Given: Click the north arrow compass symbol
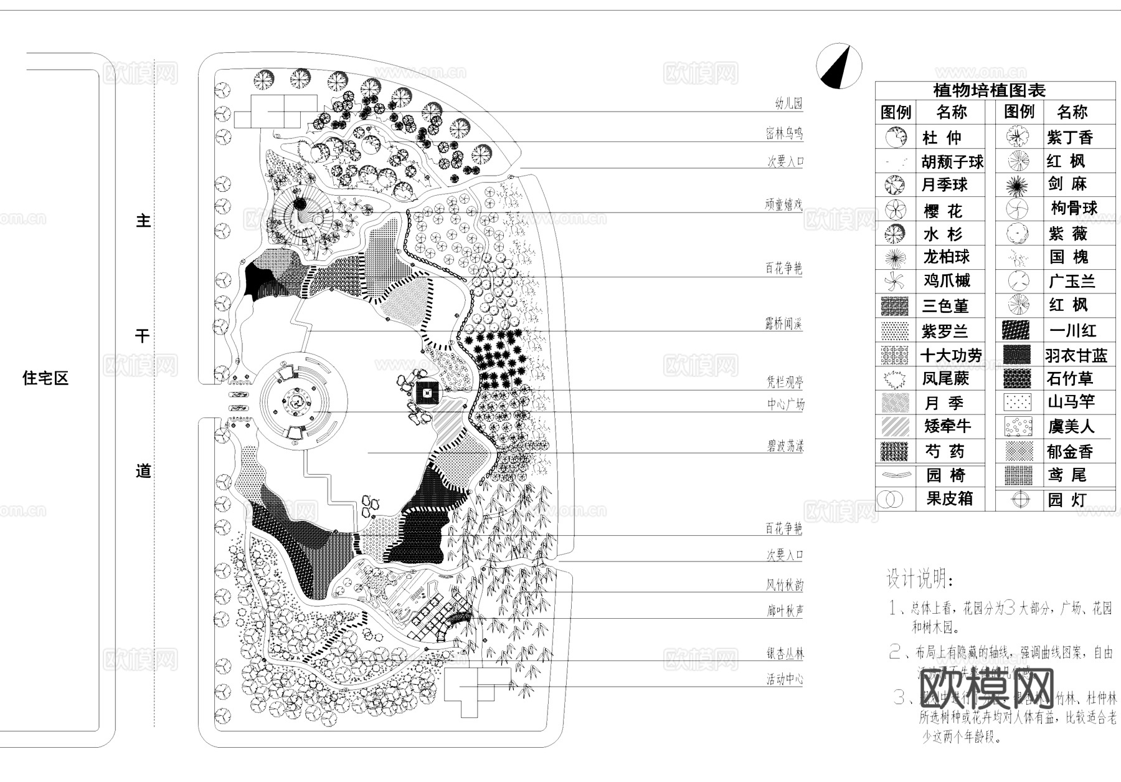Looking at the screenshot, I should tap(839, 66).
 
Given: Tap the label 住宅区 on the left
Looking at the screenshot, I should tap(45, 378).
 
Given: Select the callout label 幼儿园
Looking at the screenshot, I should tap(788, 103).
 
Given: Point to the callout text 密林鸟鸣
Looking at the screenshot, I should tap(784, 133).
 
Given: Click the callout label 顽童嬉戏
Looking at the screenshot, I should tap(784, 204).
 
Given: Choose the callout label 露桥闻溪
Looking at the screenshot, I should tap(783, 323).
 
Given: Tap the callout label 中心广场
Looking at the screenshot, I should tap(785, 404).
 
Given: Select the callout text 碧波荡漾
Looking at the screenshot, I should tap(785, 446).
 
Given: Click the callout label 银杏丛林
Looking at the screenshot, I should tap(785, 654).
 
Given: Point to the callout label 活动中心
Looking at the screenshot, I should tap(785, 679).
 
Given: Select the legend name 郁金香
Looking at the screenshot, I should tap(1069, 451).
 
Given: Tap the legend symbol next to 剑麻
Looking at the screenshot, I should tap(1018, 184).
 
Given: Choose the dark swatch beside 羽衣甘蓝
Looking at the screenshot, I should tap(1017, 355).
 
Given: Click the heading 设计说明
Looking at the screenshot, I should tap(919, 579).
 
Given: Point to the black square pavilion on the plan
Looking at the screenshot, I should tap(427, 393).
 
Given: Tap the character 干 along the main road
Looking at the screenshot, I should tap(143, 336).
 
